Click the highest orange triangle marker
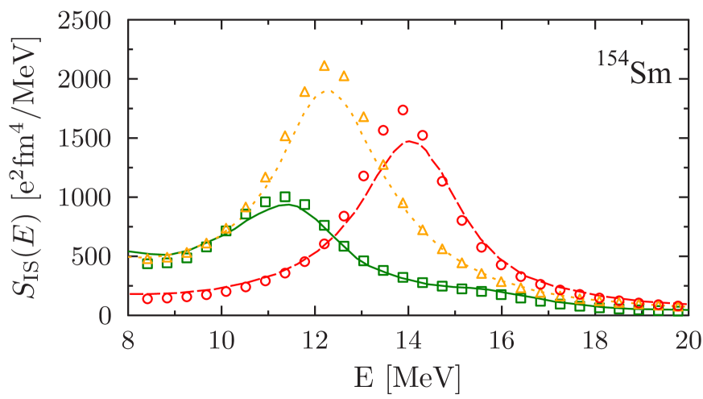[x=325, y=66]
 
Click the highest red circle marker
[x=403, y=110]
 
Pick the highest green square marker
[x=285, y=197]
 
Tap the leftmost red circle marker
[x=147, y=298]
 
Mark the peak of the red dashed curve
[x=410, y=142]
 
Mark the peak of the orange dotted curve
[x=328, y=91]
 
